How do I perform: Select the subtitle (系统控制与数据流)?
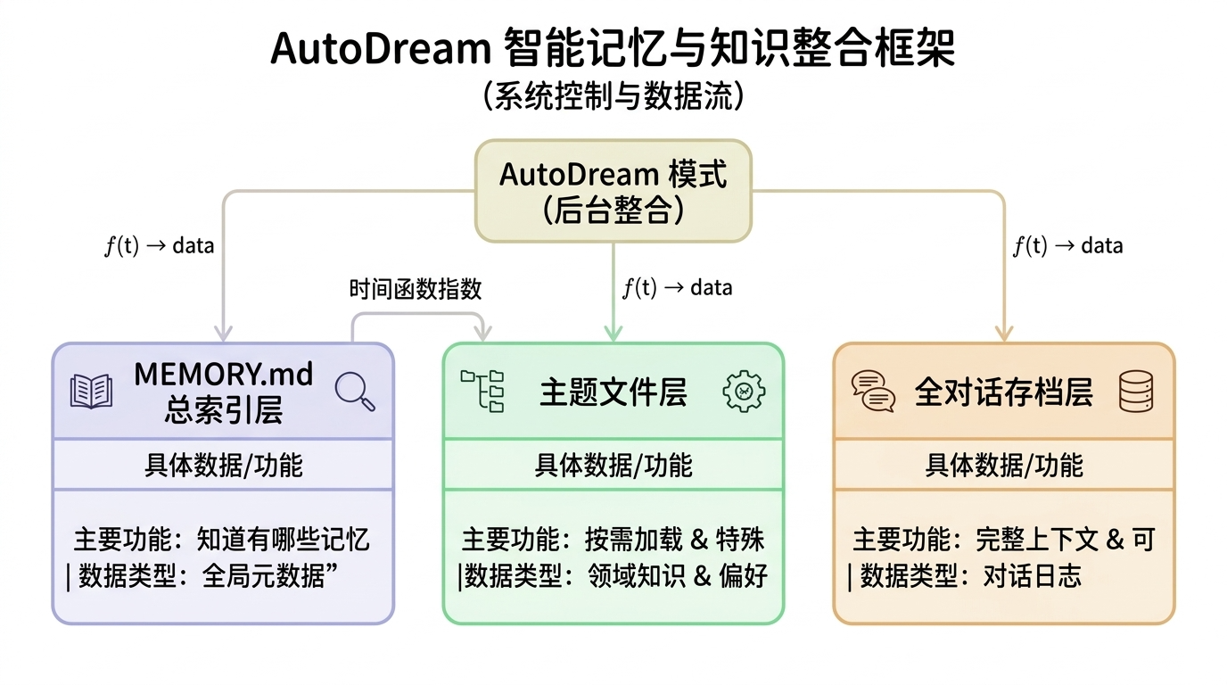coord(613,96)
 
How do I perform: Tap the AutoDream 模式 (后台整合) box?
coord(613,190)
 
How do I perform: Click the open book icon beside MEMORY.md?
coord(91,392)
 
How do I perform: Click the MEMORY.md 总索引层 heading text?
coord(223,392)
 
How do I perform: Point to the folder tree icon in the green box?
coord(482,391)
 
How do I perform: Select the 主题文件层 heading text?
coord(613,392)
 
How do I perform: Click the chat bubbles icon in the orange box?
coord(873,392)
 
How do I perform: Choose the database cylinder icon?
coord(1135,392)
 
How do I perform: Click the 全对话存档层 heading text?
coord(1003,392)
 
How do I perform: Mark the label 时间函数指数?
coord(416,289)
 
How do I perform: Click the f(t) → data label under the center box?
coord(677,287)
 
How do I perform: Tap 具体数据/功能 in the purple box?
coord(223,465)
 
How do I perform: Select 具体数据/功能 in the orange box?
coord(1003,465)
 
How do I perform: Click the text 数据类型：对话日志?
coord(970,576)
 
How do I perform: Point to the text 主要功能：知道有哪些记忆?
coord(222,539)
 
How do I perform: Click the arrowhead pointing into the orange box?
coord(1004,334)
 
